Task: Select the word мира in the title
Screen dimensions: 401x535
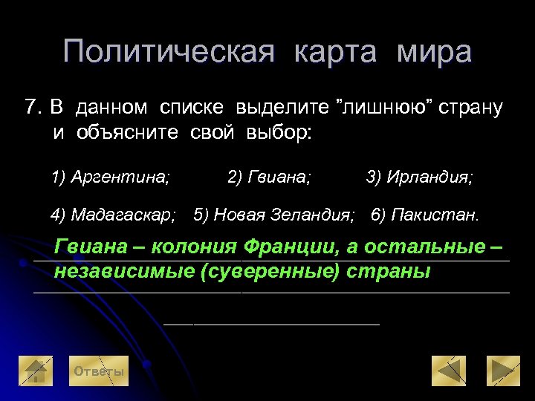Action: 434,53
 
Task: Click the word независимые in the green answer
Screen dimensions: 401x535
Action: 124,271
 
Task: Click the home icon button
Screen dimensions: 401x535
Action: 36,371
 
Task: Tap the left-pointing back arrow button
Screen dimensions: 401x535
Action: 449,371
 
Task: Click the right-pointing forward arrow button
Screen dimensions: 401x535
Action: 503,371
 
